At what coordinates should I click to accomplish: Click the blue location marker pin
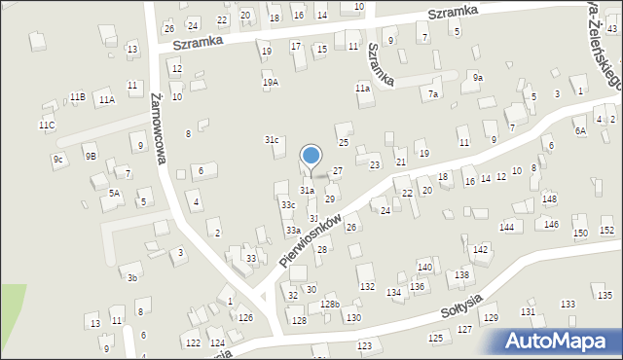(x=311, y=156)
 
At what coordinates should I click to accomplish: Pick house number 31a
(x=307, y=191)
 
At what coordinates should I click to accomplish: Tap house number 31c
(x=273, y=140)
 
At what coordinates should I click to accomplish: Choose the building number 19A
(x=270, y=83)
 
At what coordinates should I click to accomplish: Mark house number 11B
(x=77, y=96)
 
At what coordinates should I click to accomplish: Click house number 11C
(x=47, y=126)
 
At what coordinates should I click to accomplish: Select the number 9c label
(x=58, y=159)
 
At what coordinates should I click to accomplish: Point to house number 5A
(x=115, y=194)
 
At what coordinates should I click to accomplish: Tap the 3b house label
(x=132, y=277)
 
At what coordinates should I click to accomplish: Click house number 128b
(x=330, y=305)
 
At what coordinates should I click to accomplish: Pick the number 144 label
(x=506, y=227)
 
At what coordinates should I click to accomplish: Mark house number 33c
(x=288, y=205)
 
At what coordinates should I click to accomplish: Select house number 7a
(x=433, y=93)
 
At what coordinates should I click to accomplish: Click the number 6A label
(x=580, y=130)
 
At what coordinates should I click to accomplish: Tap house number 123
(x=365, y=345)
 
